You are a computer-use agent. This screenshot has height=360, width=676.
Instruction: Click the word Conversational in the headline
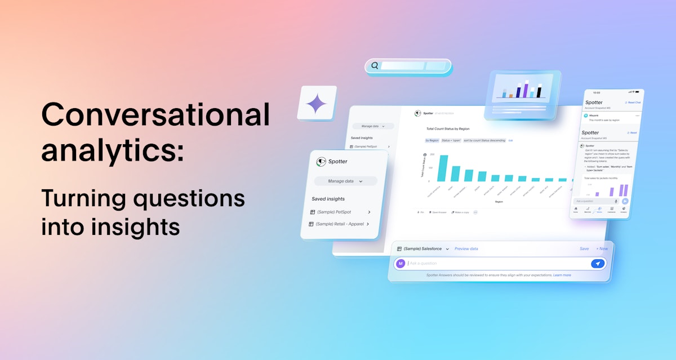pyautogui.click(x=155, y=115)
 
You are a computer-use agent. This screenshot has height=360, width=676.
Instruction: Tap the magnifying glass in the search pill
pyautogui.click(x=375, y=66)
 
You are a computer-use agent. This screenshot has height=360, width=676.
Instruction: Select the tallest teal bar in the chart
pyautogui.click(x=443, y=168)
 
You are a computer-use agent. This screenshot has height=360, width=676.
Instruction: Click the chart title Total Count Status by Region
pyautogui.click(x=448, y=128)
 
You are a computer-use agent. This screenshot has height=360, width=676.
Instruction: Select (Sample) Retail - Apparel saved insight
pyautogui.click(x=339, y=224)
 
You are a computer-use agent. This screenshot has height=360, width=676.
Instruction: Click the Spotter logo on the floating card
pyautogui.click(x=322, y=162)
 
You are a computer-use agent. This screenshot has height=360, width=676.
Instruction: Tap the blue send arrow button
pyautogui.click(x=597, y=263)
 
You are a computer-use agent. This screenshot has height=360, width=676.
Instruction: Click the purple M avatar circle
pyautogui.click(x=401, y=263)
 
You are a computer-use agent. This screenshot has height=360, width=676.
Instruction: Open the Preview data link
pyautogui.click(x=466, y=248)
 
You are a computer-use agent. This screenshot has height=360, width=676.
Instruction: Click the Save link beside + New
pyautogui.click(x=584, y=248)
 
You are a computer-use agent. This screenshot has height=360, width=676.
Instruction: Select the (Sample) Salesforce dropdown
pyautogui.click(x=423, y=248)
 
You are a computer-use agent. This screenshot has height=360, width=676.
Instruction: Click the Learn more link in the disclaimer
pyautogui.click(x=562, y=275)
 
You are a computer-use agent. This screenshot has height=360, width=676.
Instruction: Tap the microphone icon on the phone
pyautogui.click(x=616, y=201)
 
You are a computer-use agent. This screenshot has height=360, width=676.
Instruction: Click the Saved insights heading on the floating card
pyautogui.click(x=328, y=199)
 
